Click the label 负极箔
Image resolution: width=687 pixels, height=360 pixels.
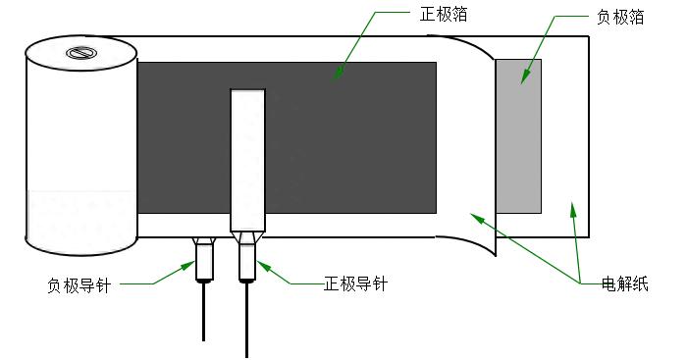coord(620,18)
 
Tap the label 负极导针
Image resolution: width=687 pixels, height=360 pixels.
coord(79,284)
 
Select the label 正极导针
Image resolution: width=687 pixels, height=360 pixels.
coord(355,284)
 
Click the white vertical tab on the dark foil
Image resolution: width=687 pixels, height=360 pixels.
coord(248,157)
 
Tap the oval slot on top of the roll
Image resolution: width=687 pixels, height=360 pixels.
coord(77,52)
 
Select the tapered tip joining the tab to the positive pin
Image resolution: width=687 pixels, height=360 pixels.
coord(247,237)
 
